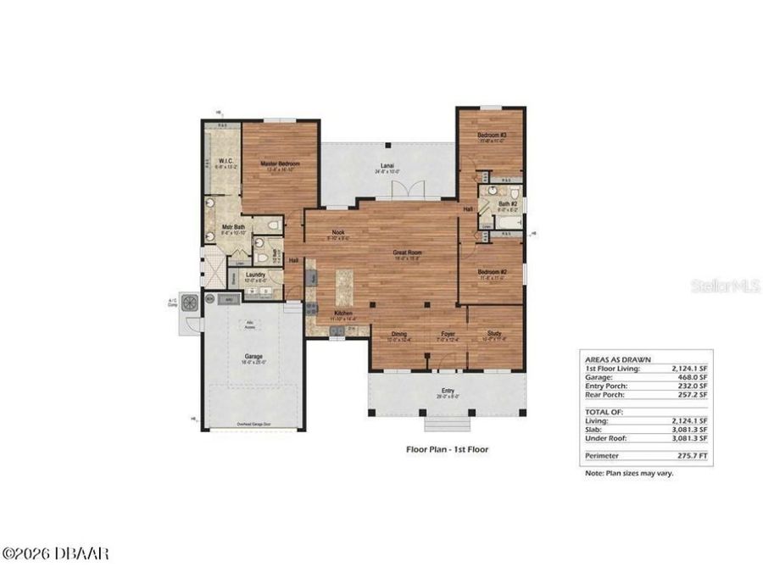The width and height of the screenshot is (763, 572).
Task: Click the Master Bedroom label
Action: pyautogui.click(x=279, y=164)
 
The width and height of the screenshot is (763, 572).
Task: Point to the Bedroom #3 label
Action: pyautogui.click(x=491, y=136)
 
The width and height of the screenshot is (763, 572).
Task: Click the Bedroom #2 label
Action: pyautogui.click(x=491, y=272)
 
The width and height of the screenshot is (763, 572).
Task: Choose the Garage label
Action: pyautogui.click(x=253, y=356)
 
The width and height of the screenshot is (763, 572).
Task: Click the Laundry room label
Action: pyautogui.click(x=255, y=275)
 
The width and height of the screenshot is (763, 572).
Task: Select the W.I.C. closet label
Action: pyautogui.click(x=226, y=161)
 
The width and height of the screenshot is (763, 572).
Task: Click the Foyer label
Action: pyautogui.click(x=447, y=334)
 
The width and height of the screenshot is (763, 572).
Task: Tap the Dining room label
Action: pyautogui.click(x=398, y=334)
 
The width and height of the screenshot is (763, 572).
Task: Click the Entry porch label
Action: pyautogui.click(x=447, y=392)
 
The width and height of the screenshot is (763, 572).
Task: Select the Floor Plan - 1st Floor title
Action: pyautogui.click(x=447, y=449)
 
